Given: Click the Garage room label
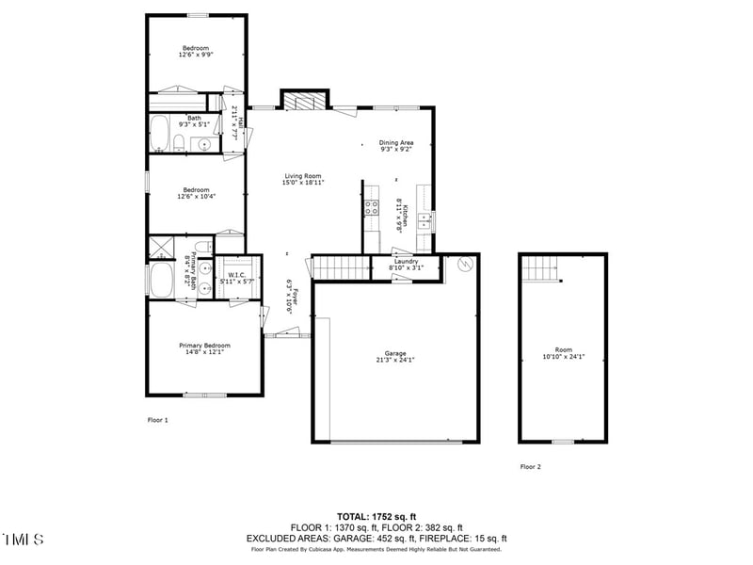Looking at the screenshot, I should click(x=394, y=353).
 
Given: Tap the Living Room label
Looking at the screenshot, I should click(x=302, y=176).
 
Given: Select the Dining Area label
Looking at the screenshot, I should click(x=396, y=142).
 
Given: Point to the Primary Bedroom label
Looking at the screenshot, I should click(x=204, y=346).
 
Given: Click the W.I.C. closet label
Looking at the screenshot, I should click(x=236, y=275).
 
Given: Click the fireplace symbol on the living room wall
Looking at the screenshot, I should click(x=305, y=101).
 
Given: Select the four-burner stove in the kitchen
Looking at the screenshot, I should click(x=372, y=208).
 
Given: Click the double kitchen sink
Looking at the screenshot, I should click(x=425, y=221).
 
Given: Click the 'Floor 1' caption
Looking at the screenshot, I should click(x=157, y=420).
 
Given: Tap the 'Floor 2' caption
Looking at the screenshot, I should click(x=531, y=466).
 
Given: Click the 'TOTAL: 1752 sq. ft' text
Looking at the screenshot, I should click(x=376, y=516).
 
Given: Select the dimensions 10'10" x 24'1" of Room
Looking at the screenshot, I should click(x=564, y=357).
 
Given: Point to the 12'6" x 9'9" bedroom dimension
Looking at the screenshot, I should click(x=196, y=55).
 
